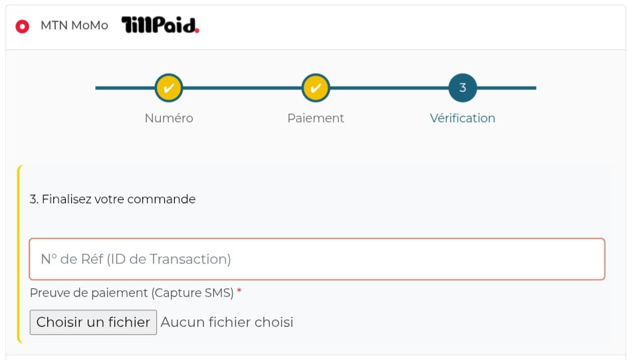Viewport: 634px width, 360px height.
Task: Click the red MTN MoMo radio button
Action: [x=22, y=27]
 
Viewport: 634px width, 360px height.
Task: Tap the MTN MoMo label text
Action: [x=74, y=25]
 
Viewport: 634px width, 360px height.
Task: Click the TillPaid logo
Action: [x=161, y=25]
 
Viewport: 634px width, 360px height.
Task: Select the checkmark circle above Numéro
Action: [x=169, y=88]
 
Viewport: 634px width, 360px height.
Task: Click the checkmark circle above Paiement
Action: [x=316, y=88]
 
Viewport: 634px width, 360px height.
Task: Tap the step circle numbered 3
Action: [x=463, y=88]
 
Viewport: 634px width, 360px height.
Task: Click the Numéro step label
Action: [x=169, y=118]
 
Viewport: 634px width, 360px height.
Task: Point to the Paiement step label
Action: [x=316, y=118]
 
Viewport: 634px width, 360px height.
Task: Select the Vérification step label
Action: [x=463, y=118]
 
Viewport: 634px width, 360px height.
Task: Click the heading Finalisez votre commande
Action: [x=112, y=199]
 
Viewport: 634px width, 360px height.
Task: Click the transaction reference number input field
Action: [x=317, y=259]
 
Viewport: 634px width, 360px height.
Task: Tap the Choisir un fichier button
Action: [x=94, y=322]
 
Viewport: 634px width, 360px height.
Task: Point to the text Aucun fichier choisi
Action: [x=227, y=322]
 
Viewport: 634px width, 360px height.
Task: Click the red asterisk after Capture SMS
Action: [x=239, y=291]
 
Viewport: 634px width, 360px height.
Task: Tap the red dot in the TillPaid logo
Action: [x=197, y=31]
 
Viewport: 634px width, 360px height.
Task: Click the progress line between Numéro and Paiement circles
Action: [x=242, y=88]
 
